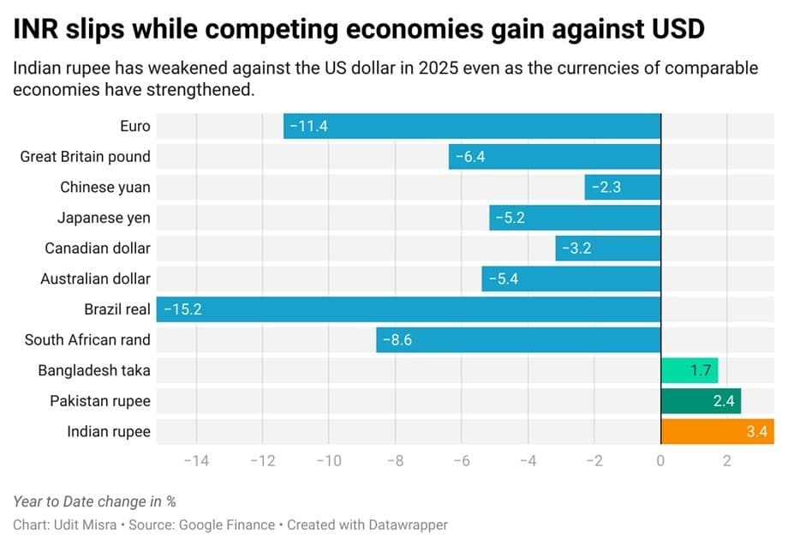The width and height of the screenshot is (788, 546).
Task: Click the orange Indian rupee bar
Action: pyautogui.click(x=716, y=431)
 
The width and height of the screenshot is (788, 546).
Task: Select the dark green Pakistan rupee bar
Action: pyautogui.click(x=700, y=400)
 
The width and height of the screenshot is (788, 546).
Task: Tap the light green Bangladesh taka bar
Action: pyautogui.click(x=689, y=370)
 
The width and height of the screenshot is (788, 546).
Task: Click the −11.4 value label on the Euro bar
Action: pyautogui.click(x=308, y=126)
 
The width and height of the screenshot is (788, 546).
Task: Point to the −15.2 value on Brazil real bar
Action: pyautogui.click(x=182, y=309)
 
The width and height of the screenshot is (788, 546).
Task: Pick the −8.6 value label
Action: pyautogui.click(x=397, y=339)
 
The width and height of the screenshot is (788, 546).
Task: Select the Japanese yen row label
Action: pyautogui.click(x=104, y=218)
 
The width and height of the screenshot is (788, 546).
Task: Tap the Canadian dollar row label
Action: pyautogui.click(x=98, y=249)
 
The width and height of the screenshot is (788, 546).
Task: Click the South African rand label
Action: pyautogui.click(x=87, y=339)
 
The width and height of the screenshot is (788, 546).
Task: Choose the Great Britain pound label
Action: pyautogui.click(x=85, y=156)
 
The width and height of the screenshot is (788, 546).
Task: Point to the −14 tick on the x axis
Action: pyautogui.click(x=196, y=461)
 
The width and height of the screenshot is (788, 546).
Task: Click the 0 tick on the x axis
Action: pyautogui.click(x=660, y=461)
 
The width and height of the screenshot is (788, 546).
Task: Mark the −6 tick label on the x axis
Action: pyautogui.click(x=461, y=461)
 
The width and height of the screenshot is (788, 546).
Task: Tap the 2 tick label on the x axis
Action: pyautogui.click(x=726, y=461)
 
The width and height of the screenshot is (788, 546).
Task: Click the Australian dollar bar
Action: pyautogui.click(x=570, y=279)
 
